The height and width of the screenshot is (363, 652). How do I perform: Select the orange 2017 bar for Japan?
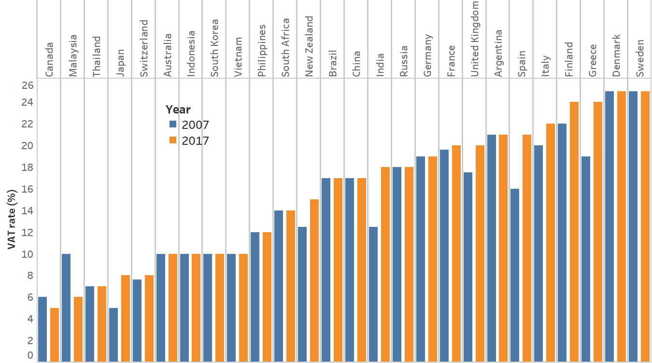tap(126, 318)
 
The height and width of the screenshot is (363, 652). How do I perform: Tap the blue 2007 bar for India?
tap(373, 294)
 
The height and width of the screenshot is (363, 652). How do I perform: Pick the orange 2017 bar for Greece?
tap(597, 232)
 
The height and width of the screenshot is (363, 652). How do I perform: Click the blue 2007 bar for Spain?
tap(515, 275)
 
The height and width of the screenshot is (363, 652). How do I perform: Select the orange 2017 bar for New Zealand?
tap(314, 280)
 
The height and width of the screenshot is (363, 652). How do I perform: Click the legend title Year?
tap(178, 109)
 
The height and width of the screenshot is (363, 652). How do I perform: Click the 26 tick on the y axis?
tap(28, 85)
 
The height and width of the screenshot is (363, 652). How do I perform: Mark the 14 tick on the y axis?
tap(28, 211)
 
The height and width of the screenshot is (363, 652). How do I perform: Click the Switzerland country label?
tap(144, 48)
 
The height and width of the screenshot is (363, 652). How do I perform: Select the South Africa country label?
tap(285, 47)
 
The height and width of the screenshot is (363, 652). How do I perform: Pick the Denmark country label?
tap(617, 55)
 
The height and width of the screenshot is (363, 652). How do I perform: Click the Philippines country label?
tap(262, 51)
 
